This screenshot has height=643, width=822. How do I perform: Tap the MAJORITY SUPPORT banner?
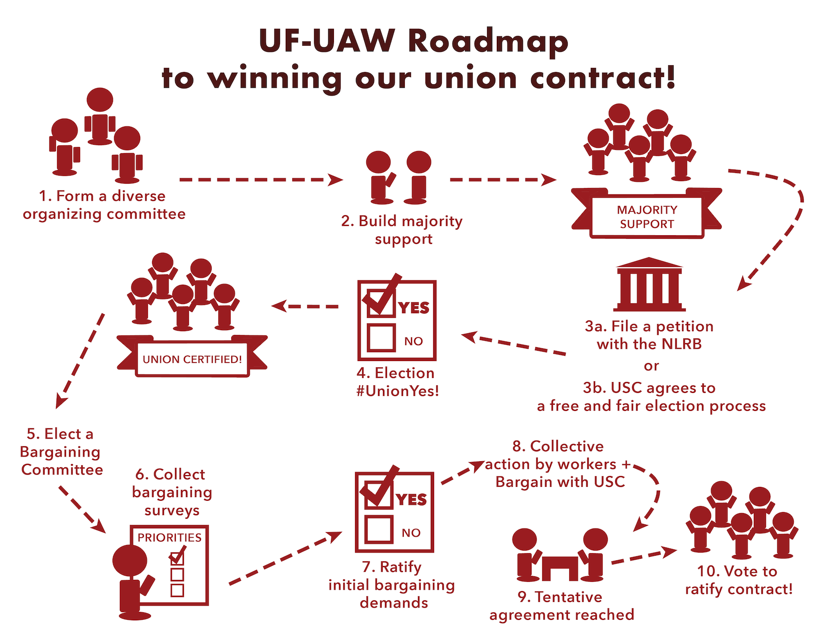tap(646, 213)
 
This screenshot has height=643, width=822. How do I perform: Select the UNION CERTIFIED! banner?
tap(192, 356)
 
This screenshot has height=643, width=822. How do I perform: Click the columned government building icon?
tap(649, 285)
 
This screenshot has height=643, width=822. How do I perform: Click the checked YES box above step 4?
tap(381, 301)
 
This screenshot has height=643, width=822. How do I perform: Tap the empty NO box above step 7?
tap(378, 529)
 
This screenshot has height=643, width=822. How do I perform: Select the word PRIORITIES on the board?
tap(169, 538)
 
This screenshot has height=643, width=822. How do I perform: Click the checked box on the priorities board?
tap(177, 556)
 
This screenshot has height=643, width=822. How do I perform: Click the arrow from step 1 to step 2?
tap(261, 180)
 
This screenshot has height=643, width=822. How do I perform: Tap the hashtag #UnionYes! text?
tap(398, 391)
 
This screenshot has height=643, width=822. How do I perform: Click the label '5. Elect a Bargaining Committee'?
tap(61, 451)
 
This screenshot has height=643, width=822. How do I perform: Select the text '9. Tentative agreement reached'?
tap(562, 606)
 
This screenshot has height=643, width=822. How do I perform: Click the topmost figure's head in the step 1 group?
tap(100, 100)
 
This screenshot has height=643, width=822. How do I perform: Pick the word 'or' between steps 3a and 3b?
tap(651, 366)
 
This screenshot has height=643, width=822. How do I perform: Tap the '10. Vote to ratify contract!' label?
tap(738, 580)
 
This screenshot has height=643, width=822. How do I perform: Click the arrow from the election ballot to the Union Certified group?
tap(305, 306)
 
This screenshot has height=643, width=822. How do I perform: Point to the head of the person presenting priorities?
tap(130, 561)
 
